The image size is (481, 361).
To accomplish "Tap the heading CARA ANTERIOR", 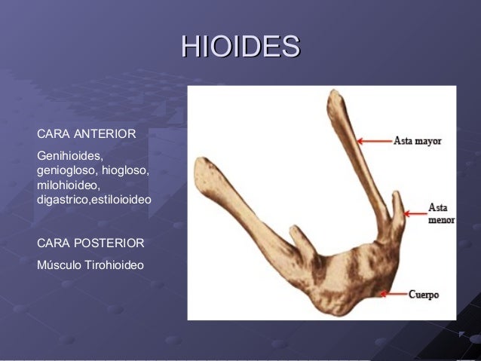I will click(86, 135).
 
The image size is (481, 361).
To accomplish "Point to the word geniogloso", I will click(66, 170).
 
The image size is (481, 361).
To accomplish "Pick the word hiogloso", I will click(125, 170).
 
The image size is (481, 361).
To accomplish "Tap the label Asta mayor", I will click(417, 141).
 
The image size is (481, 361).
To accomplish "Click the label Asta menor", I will click(441, 213).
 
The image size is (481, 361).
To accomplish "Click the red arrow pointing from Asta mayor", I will click(374, 141).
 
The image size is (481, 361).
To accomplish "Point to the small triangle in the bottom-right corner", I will click(461, 332).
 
